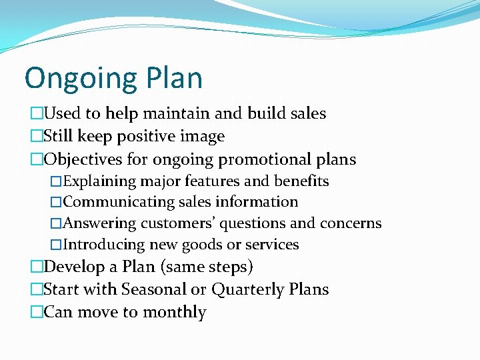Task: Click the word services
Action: click(273, 245)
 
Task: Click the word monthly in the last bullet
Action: click(176, 313)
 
